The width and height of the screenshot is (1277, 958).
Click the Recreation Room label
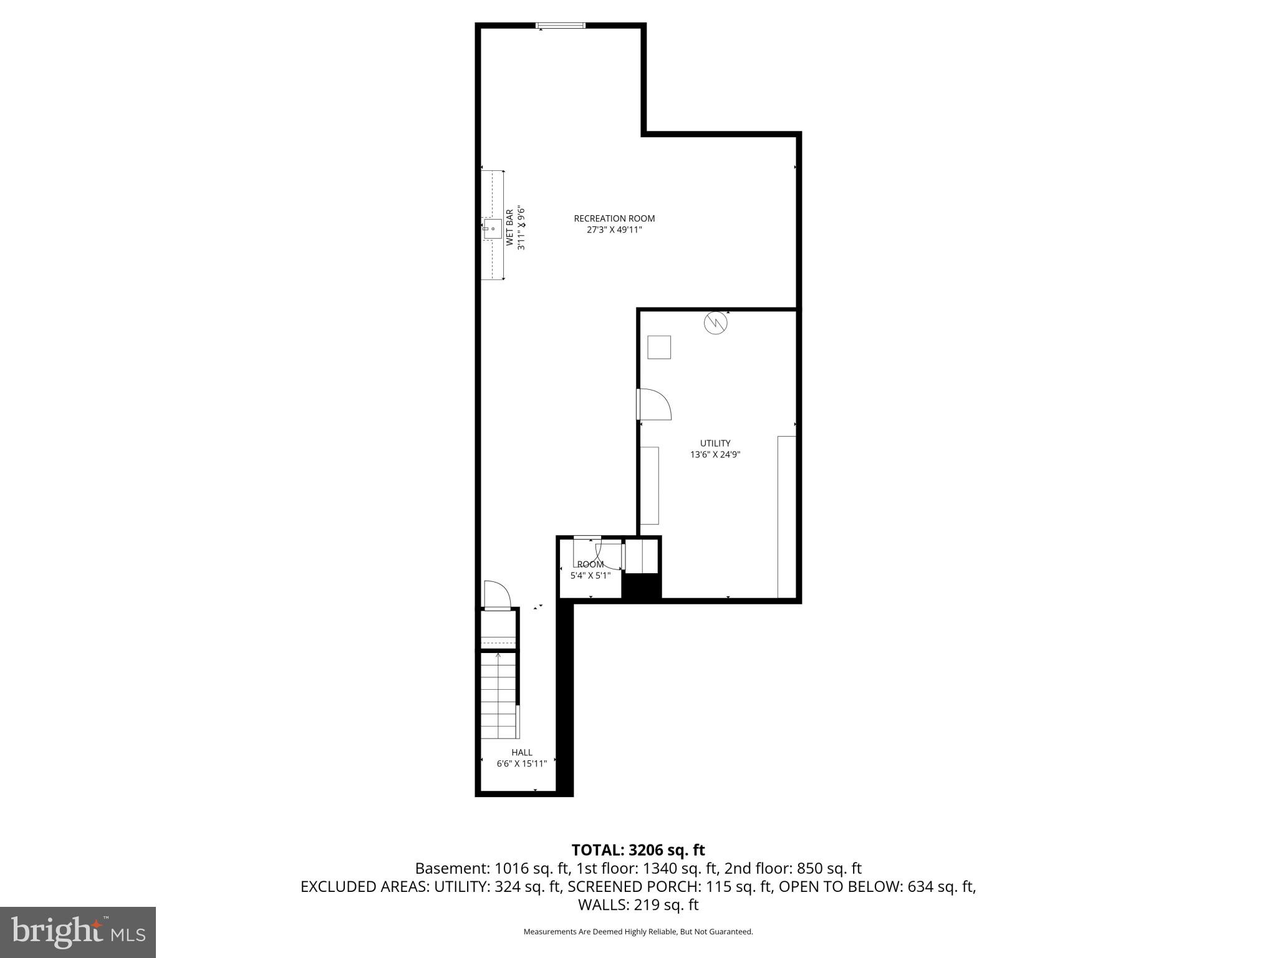point(614,218)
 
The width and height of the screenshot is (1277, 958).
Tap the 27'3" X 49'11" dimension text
point(614,230)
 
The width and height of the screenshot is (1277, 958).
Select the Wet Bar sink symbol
point(492,228)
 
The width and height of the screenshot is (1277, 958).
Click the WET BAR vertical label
point(509,228)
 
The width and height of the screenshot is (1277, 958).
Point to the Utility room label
point(715,443)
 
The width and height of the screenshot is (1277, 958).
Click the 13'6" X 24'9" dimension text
point(715,455)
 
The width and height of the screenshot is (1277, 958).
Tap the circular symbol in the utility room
point(716,322)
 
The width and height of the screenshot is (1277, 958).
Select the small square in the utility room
point(658,347)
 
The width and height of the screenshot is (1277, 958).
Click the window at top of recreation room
point(561,26)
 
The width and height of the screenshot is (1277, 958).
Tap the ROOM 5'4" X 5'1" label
point(590,570)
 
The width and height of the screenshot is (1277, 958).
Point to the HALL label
point(521,752)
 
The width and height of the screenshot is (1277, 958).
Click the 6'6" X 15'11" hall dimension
point(521,763)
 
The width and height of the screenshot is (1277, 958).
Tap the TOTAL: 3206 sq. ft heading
point(638,850)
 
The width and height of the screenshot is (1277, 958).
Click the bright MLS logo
point(77,932)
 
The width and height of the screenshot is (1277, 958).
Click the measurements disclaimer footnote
point(638,932)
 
